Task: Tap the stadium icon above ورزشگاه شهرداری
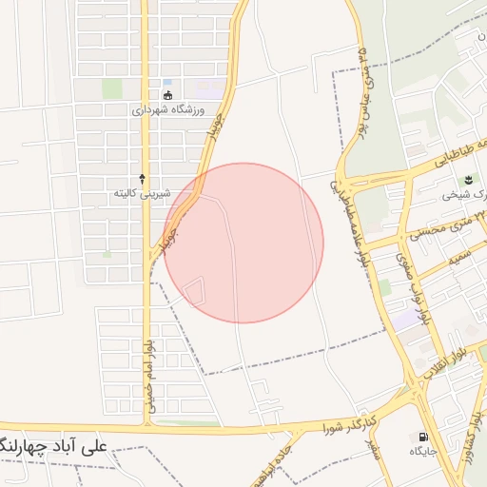(x=168, y=95)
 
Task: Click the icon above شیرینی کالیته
(x=143, y=178)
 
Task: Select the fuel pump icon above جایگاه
(x=420, y=438)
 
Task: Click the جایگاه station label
(x=422, y=452)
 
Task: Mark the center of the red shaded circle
(x=243, y=243)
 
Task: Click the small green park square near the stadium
(x=112, y=88)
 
